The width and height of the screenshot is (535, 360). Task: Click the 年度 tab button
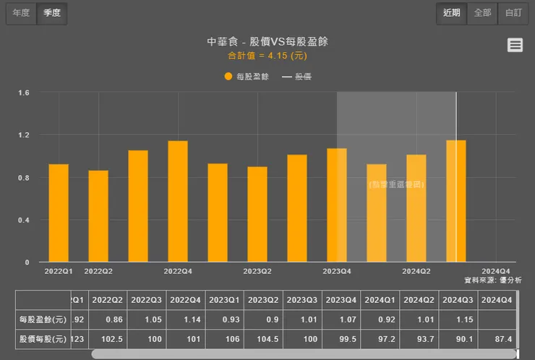click(x=21, y=13)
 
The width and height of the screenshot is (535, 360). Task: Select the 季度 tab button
click(x=52, y=13)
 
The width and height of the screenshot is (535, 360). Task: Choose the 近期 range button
click(x=451, y=13)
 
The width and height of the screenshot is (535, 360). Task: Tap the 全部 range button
click(x=482, y=13)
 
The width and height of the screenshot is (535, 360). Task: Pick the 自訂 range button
click(x=513, y=13)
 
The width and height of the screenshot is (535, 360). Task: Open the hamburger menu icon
click(x=515, y=45)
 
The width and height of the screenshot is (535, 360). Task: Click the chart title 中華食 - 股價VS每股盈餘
click(x=267, y=41)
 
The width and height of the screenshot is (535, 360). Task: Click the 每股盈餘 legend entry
click(x=247, y=76)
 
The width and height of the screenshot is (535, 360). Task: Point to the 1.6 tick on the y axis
click(x=24, y=93)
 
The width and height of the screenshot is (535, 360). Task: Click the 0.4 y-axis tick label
click(x=24, y=220)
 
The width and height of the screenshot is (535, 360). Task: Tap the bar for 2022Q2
click(x=98, y=216)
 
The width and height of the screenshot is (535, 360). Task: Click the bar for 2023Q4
click(x=337, y=205)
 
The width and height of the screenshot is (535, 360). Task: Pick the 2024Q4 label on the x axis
click(x=496, y=271)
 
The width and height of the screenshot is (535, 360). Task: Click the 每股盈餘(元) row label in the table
click(x=43, y=319)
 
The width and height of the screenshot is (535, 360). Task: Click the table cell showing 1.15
click(x=456, y=319)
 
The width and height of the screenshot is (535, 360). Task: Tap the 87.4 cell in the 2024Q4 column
click(x=495, y=339)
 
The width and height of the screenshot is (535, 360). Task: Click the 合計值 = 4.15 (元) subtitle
click(x=267, y=55)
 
